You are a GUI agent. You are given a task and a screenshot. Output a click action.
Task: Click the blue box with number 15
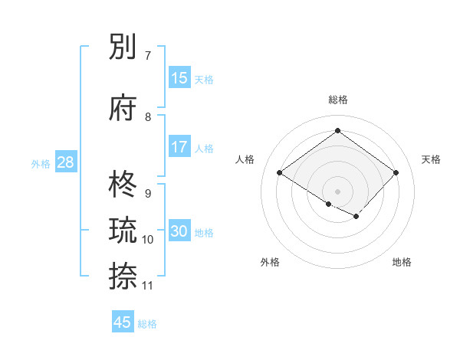(x=179, y=77)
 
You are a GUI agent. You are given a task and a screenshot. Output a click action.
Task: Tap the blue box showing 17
(x=179, y=146)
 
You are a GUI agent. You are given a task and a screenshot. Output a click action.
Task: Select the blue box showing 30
(x=179, y=231)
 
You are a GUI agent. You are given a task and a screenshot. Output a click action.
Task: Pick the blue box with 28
(x=65, y=162)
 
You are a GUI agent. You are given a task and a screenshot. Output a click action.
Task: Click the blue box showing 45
(x=123, y=322)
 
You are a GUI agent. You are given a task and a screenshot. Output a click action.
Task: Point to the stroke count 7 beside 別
(x=148, y=56)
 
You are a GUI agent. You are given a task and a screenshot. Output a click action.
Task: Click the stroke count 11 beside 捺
(x=148, y=285)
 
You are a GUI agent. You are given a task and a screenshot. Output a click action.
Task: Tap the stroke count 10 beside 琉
(x=148, y=240)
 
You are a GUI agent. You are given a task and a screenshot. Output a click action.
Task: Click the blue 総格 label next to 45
(x=147, y=324)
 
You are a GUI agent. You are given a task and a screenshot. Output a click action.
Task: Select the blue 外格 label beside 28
(x=41, y=164)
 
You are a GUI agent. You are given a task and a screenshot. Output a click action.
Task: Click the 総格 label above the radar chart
(x=337, y=100)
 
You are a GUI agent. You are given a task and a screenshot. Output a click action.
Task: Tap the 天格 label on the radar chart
(x=431, y=159)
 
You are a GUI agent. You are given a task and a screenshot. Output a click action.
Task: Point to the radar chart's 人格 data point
(x=280, y=173)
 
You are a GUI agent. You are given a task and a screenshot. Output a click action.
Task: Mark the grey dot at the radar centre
(x=337, y=191)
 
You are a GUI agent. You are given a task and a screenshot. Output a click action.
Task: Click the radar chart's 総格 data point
(x=337, y=130)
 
